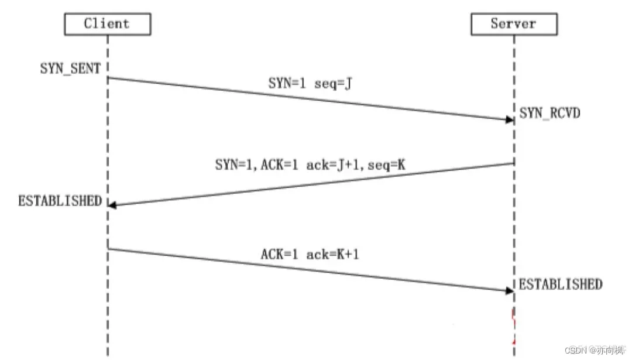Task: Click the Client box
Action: pos(107,24)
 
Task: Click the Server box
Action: pos(514,24)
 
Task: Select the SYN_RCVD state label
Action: pos(549,114)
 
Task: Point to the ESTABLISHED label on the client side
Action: pos(60,201)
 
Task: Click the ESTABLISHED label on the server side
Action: pos(560,285)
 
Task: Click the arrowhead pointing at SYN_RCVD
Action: pos(509,119)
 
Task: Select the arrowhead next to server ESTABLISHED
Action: pos(509,290)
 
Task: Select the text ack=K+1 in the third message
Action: pos(335,255)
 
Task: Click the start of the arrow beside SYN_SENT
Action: pos(108,77)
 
